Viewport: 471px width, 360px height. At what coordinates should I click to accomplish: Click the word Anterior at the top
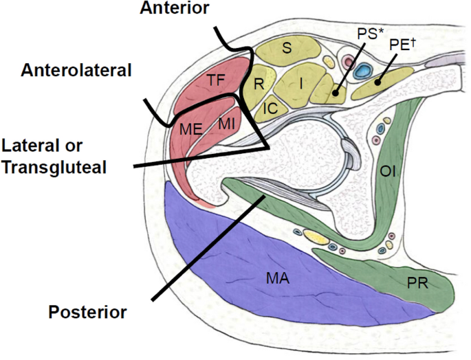[x=173, y=8]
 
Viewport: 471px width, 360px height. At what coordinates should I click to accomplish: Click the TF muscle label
[x=216, y=81]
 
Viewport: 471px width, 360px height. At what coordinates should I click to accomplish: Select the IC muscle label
[x=270, y=108]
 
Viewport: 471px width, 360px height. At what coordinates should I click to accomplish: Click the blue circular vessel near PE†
[x=362, y=71]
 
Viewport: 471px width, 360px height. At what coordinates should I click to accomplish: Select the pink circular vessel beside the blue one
[x=347, y=65]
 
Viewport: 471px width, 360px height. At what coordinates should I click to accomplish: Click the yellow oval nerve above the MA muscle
[x=316, y=238]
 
